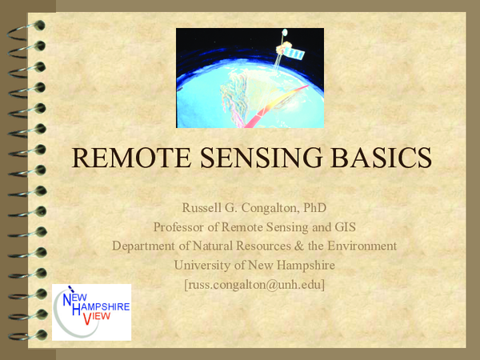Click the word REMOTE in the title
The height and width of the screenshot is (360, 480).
point(129,157)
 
